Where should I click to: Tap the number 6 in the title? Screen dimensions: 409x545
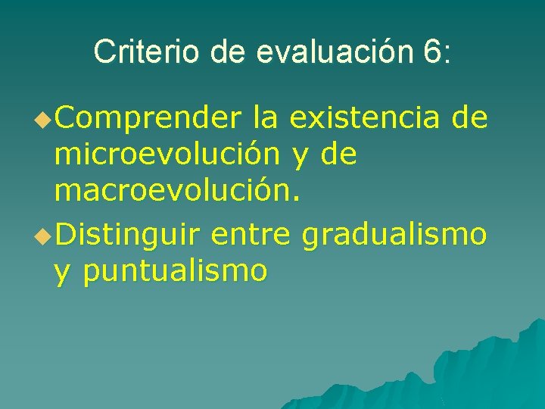(x=432, y=52)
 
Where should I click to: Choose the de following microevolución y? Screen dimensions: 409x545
(x=338, y=155)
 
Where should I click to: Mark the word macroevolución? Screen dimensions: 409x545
(x=177, y=192)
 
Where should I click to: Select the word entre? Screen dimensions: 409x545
(x=251, y=234)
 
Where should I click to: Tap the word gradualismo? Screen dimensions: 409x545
(x=394, y=236)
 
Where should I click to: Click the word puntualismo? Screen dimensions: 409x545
(x=175, y=272)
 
